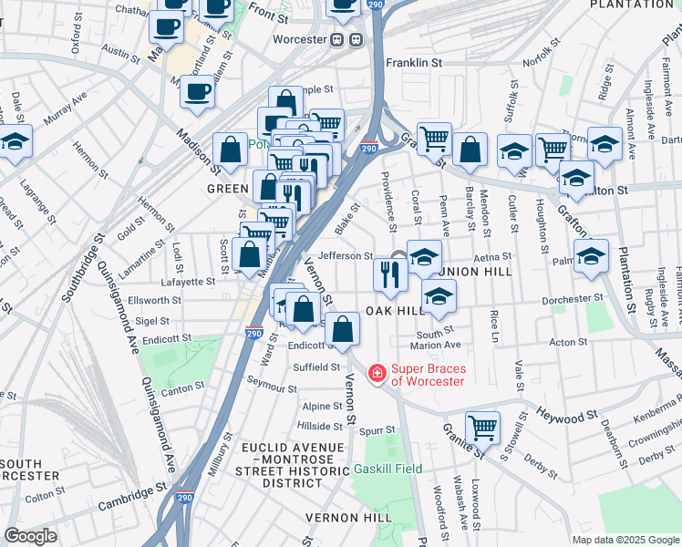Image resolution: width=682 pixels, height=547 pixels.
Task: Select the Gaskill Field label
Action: point(387,469)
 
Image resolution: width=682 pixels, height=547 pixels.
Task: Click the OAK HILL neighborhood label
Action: point(397,311)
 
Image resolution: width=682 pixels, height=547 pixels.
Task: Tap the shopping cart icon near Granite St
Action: point(482,428)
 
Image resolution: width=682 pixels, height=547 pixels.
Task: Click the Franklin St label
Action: point(413,63)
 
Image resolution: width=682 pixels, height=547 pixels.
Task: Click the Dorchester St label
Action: point(573,298)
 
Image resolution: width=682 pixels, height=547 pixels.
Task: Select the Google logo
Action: point(31,536)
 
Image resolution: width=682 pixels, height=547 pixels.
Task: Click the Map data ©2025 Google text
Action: point(625,540)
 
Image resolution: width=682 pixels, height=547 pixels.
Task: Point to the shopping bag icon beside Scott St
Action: point(249,256)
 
